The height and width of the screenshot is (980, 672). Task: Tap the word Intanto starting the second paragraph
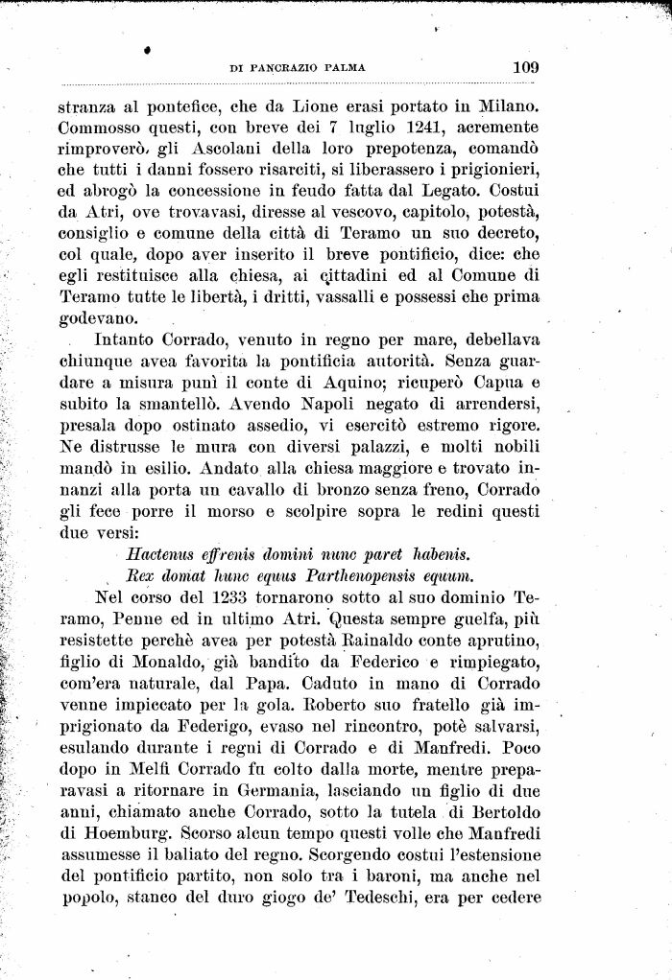click(128, 339)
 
